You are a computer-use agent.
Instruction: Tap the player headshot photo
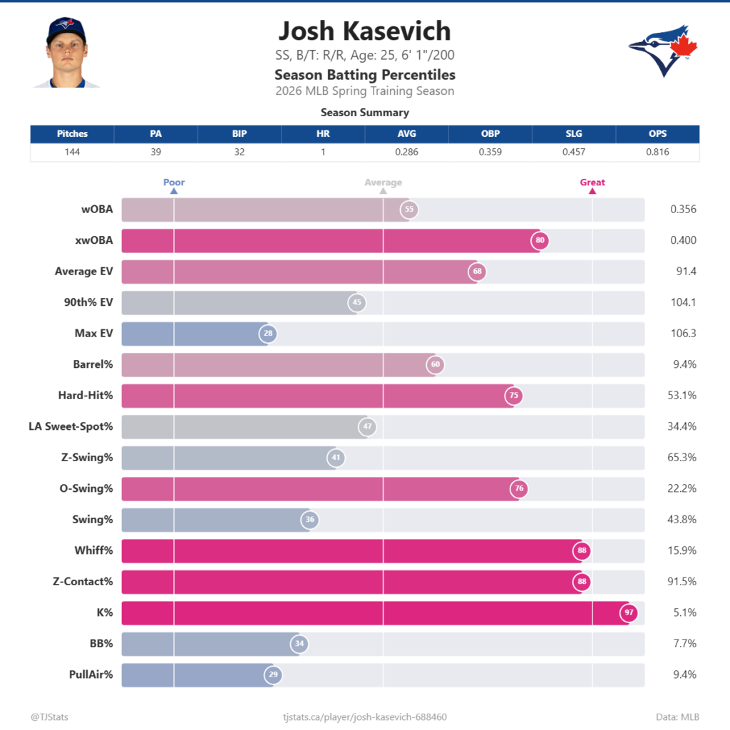(66, 53)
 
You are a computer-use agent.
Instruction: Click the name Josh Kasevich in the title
(364, 31)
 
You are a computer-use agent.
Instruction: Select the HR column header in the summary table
(323, 133)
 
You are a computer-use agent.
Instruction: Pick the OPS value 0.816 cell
(657, 152)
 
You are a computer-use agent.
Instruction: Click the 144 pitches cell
(72, 152)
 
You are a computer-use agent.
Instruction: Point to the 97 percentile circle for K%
(628, 612)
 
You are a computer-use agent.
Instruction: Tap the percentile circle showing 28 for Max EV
(267, 334)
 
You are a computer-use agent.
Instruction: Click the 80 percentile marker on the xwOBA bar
(540, 240)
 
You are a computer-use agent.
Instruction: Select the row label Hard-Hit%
(86, 395)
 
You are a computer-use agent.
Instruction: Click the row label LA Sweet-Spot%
(71, 426)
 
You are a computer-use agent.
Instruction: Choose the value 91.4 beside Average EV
(683, 271)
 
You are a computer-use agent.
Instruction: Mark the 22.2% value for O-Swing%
(682, 488)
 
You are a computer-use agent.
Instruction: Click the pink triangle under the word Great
(592, 191)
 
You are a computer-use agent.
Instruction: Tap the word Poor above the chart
(174, 182)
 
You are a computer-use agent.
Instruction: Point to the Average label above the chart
(383, 182)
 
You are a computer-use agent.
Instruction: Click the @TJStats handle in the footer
(49, 716)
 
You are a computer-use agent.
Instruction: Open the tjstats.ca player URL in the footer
(365, 716)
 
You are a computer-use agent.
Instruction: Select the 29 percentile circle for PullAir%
(272, 674)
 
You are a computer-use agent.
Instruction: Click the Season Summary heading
(364, 113)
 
